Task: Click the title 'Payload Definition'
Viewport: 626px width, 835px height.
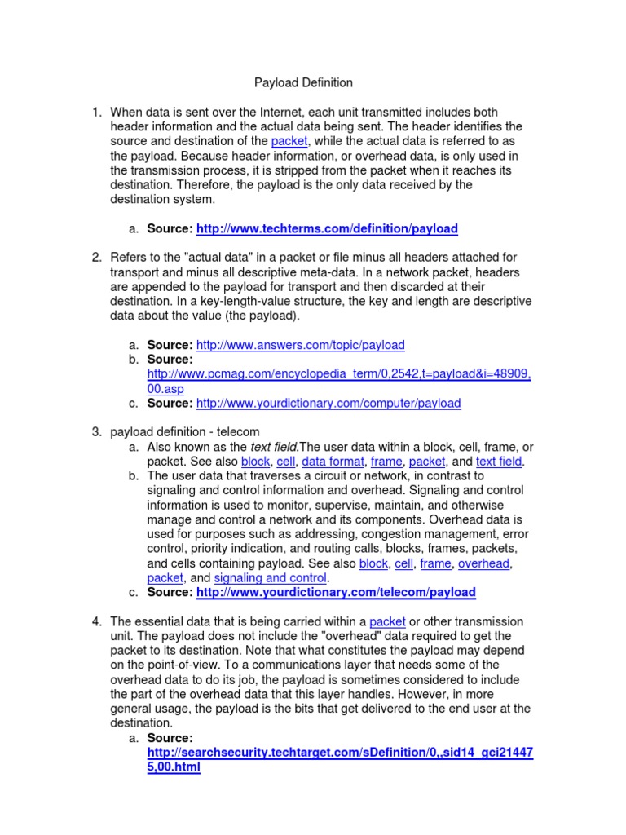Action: [x=304, y=82]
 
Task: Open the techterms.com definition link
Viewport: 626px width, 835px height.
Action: [x=327, y=229]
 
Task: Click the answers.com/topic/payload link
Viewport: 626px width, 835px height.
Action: [x=300, y=345]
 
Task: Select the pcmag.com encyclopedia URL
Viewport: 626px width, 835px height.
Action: [x=339, y=373]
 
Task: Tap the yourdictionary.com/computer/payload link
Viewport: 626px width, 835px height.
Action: [x=328, y=403]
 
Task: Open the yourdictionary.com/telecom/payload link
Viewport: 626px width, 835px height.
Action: [x=336, y=592]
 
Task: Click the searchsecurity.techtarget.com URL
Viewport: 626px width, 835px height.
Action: [x=340, y=753]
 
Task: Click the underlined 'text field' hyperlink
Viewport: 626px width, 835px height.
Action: [x=499, y=462]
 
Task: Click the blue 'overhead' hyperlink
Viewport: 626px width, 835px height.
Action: [x=485, y=563]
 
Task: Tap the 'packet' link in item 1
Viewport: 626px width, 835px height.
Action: [x=289, y=141]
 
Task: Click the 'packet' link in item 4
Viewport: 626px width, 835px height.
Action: [x=388, y=621]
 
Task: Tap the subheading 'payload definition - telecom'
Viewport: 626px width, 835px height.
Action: [x=185, y=432]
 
